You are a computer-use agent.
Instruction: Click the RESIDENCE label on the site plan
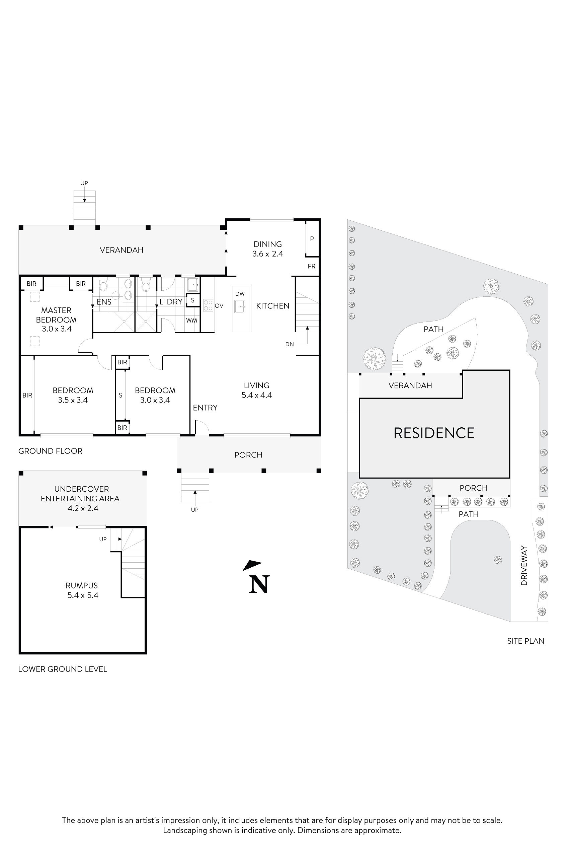434,433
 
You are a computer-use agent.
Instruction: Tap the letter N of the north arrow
259,584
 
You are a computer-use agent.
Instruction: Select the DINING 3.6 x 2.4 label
268,249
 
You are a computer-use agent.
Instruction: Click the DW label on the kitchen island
240,294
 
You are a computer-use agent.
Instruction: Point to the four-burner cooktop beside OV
208,305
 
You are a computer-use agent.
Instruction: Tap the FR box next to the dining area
311,266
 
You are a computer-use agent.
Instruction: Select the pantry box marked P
312,238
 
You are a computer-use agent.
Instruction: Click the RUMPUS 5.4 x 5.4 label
82,590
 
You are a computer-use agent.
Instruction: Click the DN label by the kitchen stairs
289,344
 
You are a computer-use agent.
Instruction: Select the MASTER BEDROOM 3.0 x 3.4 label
56,319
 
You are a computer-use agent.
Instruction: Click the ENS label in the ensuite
104,302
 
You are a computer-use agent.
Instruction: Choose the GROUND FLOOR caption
51,451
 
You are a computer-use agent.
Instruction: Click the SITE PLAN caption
525,641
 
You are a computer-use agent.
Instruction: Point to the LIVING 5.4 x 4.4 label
257,390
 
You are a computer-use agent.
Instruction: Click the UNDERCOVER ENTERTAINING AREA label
80,498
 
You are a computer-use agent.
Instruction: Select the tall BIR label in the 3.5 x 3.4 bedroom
27,395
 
